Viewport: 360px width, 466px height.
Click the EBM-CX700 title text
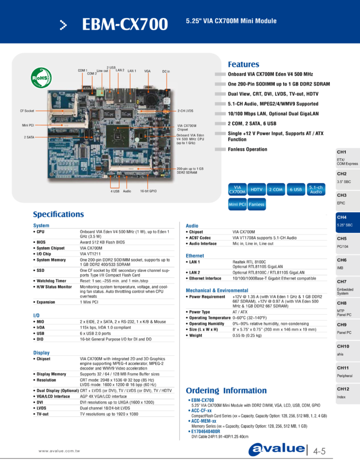124,24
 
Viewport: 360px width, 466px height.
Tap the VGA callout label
147,71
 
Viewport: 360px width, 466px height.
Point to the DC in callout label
166,71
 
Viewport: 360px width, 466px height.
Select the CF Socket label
27,111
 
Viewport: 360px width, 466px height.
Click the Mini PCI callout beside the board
28,126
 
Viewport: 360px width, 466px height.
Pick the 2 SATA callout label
30,137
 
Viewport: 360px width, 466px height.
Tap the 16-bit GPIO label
148,191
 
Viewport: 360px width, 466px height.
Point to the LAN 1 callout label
132,71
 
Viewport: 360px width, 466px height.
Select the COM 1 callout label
83,70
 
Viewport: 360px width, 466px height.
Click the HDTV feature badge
256,189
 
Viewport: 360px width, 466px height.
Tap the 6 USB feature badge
296,189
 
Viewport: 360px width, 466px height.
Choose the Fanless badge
256,204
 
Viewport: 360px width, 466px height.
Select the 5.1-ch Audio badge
316,189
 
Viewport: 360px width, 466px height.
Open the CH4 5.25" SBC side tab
347,221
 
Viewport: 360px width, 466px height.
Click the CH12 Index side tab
347,393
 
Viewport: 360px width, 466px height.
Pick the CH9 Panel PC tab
347,328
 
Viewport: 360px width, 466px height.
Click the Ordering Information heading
226,390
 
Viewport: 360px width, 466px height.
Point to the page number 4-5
319,451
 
